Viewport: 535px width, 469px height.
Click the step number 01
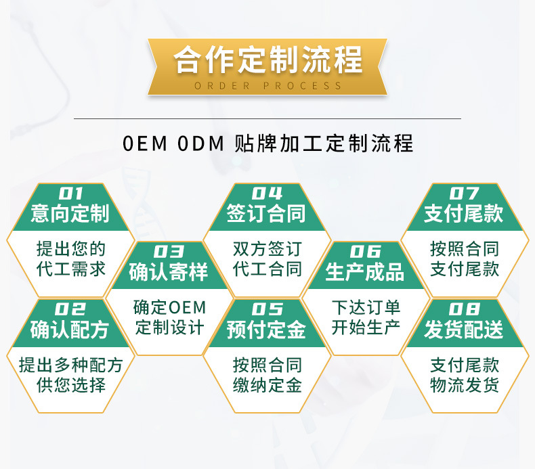click(70, 194)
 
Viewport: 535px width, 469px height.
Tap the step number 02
click(70, 310)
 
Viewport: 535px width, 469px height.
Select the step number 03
click(169, 252)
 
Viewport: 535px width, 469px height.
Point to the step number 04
click(267, 194)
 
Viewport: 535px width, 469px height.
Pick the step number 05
click(267, 310)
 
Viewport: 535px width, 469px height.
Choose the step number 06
click(365, 252)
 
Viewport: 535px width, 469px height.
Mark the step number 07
click(464, 194)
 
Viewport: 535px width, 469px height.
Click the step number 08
click(464, 310)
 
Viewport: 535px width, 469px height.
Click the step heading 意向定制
click(70, 214)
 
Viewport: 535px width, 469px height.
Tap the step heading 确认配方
click(70, 330)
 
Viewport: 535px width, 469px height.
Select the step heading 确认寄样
click(169, 272)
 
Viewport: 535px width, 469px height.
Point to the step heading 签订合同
click(267, 214)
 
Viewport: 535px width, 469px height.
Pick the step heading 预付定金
click(267, 330)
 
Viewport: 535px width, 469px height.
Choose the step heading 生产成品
click(365, 272)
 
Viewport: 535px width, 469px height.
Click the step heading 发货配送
click(464, 330)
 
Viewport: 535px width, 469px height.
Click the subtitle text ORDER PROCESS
click(268, 86)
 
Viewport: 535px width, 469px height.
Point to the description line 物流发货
click(465, 386)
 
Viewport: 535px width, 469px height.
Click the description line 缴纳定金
click(267, 386)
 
